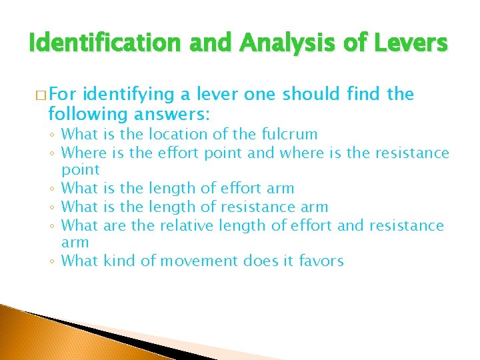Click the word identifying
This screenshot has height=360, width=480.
click(x=129, y=95)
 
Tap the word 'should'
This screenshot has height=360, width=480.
click(x=313, y=95)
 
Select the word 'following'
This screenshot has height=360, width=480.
click(x=77, y=114)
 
